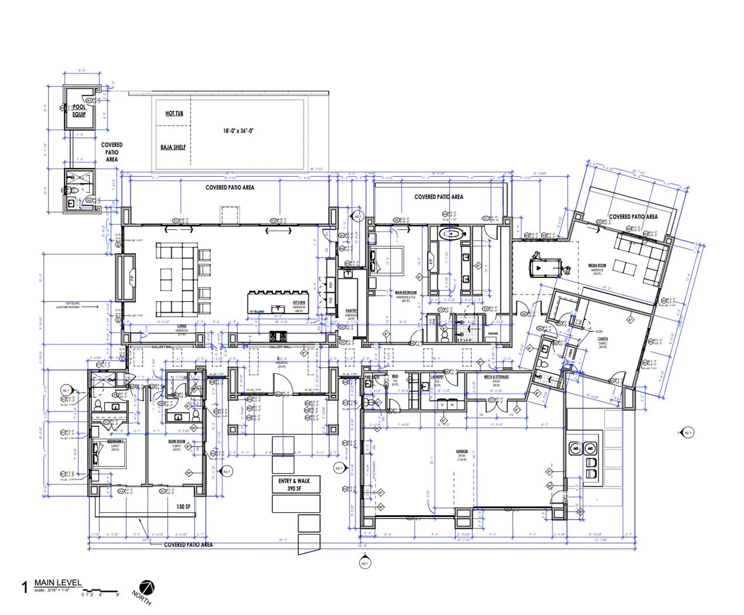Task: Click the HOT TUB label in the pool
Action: point(174,113)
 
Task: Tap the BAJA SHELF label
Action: point(173,147)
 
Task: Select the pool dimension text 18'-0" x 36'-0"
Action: point(238,131)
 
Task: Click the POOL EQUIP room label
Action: point(79,110)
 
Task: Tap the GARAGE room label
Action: point(462,451)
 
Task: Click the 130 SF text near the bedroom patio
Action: point(183,507)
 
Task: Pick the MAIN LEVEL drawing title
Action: point(58,583)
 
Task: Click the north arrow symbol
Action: point(146,588)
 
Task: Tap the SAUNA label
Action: point(493,334)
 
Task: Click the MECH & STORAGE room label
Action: point(496,377)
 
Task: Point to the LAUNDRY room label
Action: point(437,377)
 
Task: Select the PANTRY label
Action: point(351,311)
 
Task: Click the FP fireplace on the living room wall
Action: point(132,278)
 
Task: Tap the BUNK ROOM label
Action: point(177,442)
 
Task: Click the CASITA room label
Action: point(603,339)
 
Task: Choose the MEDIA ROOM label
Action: point(597,266)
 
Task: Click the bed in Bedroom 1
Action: point(109,454)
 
